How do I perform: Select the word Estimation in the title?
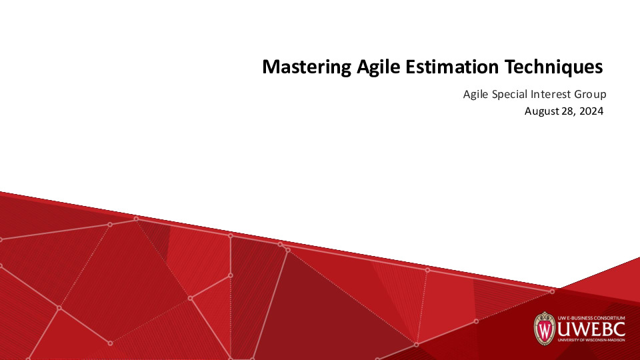click(x=452, y=67)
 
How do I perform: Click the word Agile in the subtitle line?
click(x=476, y=95)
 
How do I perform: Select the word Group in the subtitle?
click(x=590, y=95)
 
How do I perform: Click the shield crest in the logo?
click(x=545, y=328)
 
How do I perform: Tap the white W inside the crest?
click(x=545, y=329)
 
